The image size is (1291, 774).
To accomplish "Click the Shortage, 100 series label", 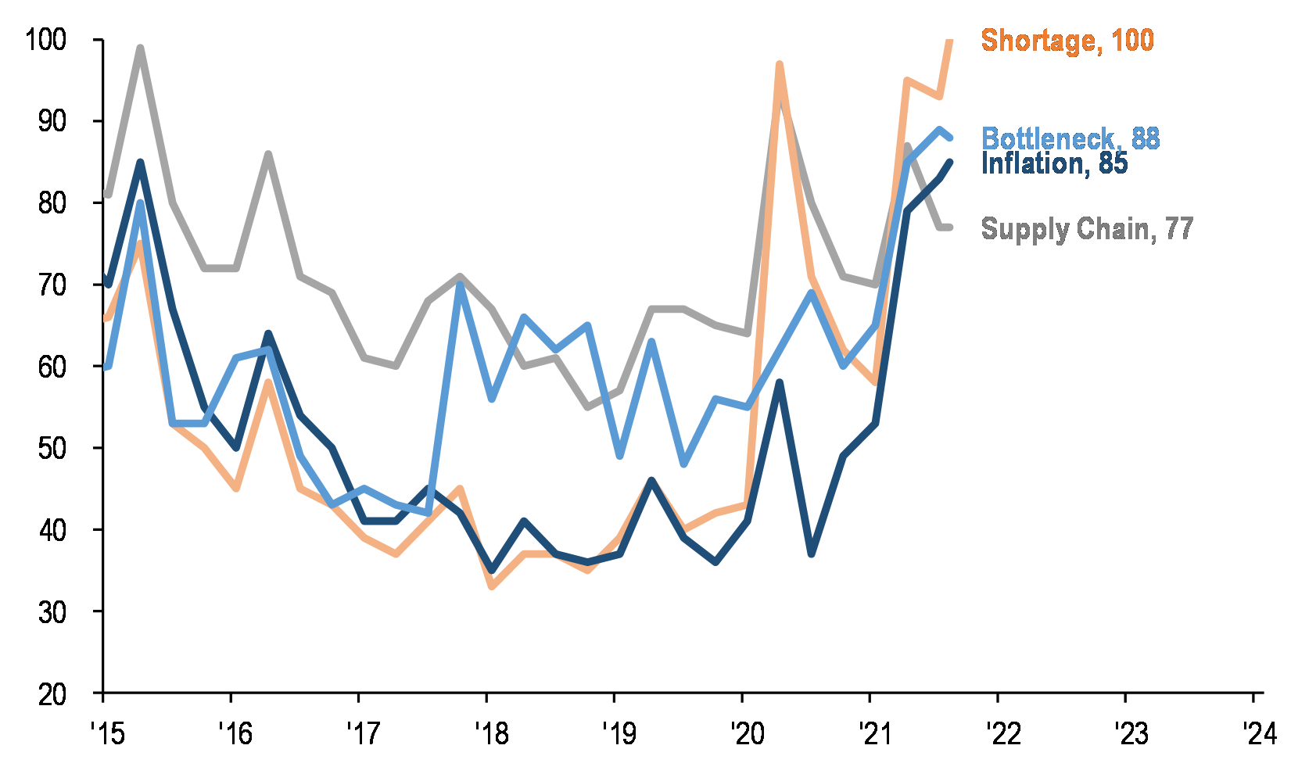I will [x=1067, y=40].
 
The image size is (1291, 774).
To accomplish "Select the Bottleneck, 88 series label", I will [x=1070, y=138].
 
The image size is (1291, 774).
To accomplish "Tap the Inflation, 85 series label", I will [x=1054, y=163].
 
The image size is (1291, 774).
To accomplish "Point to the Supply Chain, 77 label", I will [x=1087, y=228].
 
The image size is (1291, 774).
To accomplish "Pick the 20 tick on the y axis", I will [x=53, y=693].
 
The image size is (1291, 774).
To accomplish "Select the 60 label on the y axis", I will [x=53, y=367].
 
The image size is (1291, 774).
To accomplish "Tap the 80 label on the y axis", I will [x=53, y=203].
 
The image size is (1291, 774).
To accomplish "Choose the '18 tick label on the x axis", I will [x=490, y=733].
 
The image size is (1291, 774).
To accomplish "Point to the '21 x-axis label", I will [x=874, y=733].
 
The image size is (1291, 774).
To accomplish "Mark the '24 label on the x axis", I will [x=1258, y=733].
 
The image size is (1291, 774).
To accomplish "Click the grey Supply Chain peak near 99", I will [x=140, y=48].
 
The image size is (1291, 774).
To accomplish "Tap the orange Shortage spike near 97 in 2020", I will [x=780, y=64].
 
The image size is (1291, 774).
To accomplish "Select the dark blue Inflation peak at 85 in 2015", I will [x=140, y=162].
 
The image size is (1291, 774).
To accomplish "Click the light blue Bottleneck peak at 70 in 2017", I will [x=460, y=285].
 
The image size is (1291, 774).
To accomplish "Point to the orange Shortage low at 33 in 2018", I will [x=492, y=586].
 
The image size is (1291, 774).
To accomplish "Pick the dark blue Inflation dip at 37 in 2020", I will [x=812, y=554].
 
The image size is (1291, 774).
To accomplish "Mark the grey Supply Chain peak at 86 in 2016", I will [x=268, y=154].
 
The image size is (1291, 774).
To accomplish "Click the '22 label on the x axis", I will [x=1002, y=733].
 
